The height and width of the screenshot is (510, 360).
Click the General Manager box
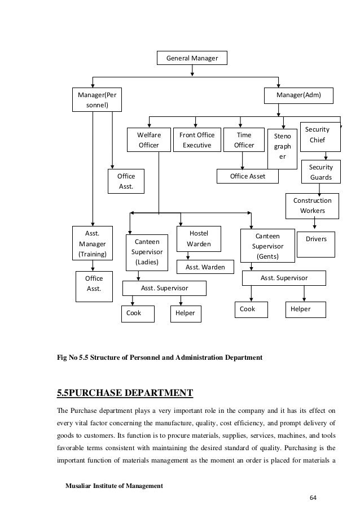point(192,58)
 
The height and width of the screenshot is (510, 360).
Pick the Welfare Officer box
point(149,140)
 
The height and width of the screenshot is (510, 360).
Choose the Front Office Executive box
point(196,140)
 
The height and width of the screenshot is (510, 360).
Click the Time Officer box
point(244,140)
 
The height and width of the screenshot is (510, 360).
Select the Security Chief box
point(319,135)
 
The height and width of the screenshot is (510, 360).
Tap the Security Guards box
point(321,172)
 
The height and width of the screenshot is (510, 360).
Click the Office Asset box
point(248,177)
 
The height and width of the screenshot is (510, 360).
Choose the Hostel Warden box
point(199,238)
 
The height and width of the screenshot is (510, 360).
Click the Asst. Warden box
point(205,267)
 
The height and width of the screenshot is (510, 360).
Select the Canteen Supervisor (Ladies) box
point(146,252)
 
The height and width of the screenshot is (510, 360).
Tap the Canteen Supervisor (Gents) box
point(267,246)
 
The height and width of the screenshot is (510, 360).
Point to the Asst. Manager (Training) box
point(91,243)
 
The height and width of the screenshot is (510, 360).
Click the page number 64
point(314,497)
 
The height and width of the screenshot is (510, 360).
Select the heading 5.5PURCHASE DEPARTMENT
point(124,393)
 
